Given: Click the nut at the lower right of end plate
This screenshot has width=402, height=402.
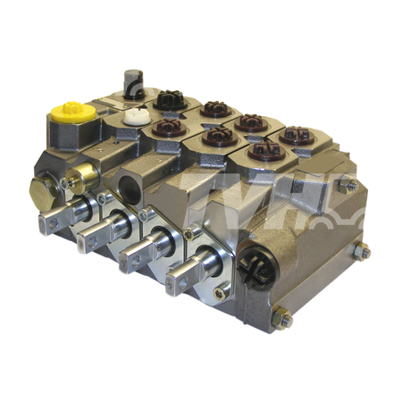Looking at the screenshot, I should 363,252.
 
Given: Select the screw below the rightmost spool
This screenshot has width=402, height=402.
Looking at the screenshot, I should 222,291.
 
